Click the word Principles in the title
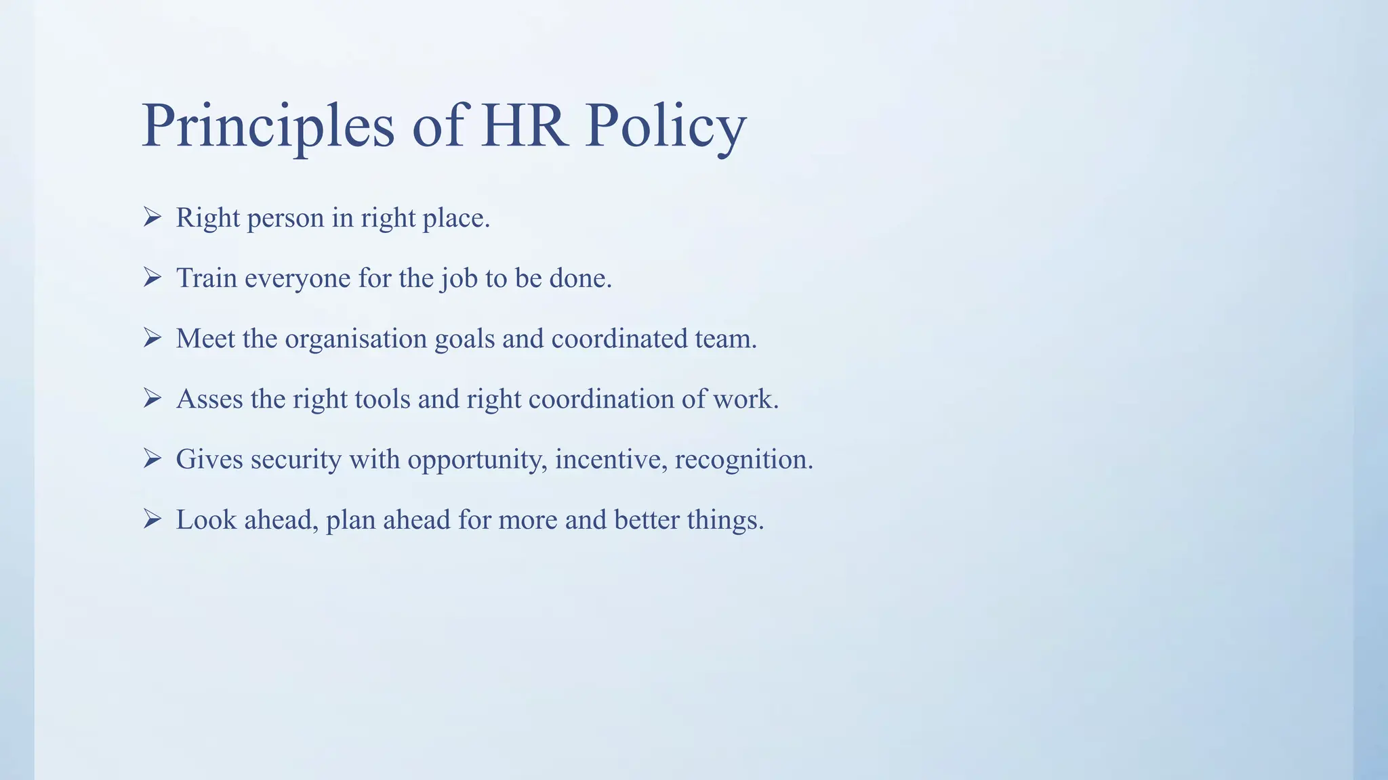[x=268, y=127]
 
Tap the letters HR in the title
[x=524, y=127]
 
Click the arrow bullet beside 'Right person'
[x=152, y=217]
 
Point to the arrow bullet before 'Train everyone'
[x=152, y=278]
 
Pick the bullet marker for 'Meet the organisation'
[x=152, y=338]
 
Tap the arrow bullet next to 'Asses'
[x=152, y=398]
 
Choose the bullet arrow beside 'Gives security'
[x=152, y=459]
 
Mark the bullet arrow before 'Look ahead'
[x=152, y=519]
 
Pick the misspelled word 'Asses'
[x=209, y=399]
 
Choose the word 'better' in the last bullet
[x=647, y=520]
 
